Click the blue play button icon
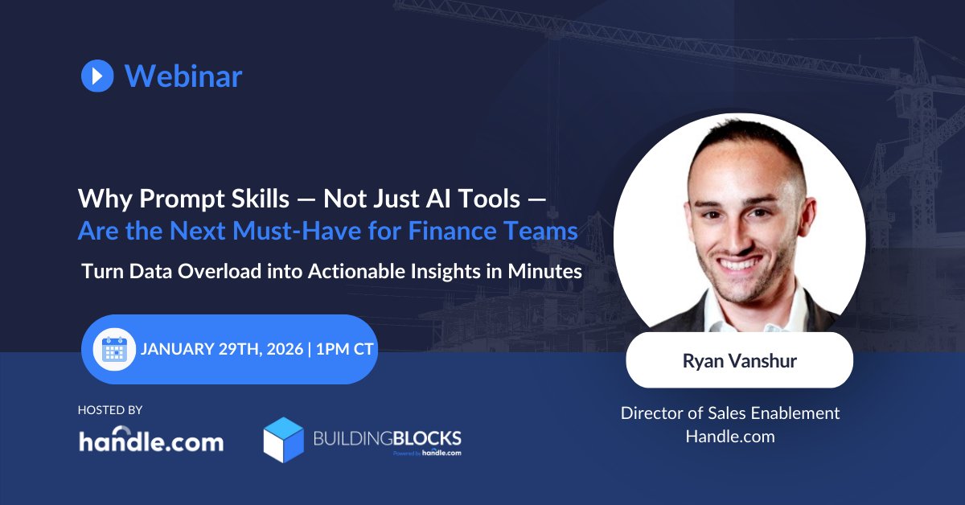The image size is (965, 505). tap(97, 76)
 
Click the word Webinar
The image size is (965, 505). tap(183, 76)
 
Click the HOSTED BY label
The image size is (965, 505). tap(110, 410)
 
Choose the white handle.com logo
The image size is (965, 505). tap(151, 441)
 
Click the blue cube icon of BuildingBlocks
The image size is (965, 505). tap(283, 440)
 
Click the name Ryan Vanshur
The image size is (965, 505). tap(739, 360)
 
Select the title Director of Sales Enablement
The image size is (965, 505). tap(730, 413)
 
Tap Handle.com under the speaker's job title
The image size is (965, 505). tap(730, 437)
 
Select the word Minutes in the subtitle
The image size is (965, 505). tap(545, 271)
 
